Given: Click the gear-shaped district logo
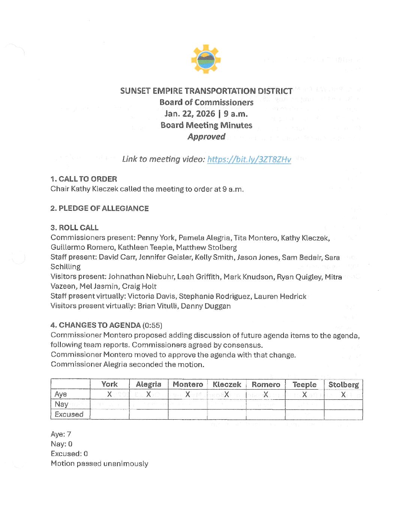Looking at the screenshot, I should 206,59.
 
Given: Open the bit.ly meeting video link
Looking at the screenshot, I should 249,159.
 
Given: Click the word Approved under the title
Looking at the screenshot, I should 206,136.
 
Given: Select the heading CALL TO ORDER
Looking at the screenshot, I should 87,179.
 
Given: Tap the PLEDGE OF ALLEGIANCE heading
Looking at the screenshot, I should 103,208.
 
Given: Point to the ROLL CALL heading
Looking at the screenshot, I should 78,228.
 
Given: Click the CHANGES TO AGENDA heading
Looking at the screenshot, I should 99,325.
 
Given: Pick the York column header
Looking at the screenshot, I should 109,384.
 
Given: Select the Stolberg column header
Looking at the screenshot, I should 343,384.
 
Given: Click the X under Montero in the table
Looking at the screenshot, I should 187,394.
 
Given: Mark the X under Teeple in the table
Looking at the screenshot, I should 304,394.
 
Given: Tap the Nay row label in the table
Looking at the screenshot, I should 61,404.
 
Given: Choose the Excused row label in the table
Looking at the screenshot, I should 69,414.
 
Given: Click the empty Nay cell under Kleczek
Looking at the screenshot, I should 226,404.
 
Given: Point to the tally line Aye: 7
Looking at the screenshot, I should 61,434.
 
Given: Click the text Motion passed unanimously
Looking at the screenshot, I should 99,463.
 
